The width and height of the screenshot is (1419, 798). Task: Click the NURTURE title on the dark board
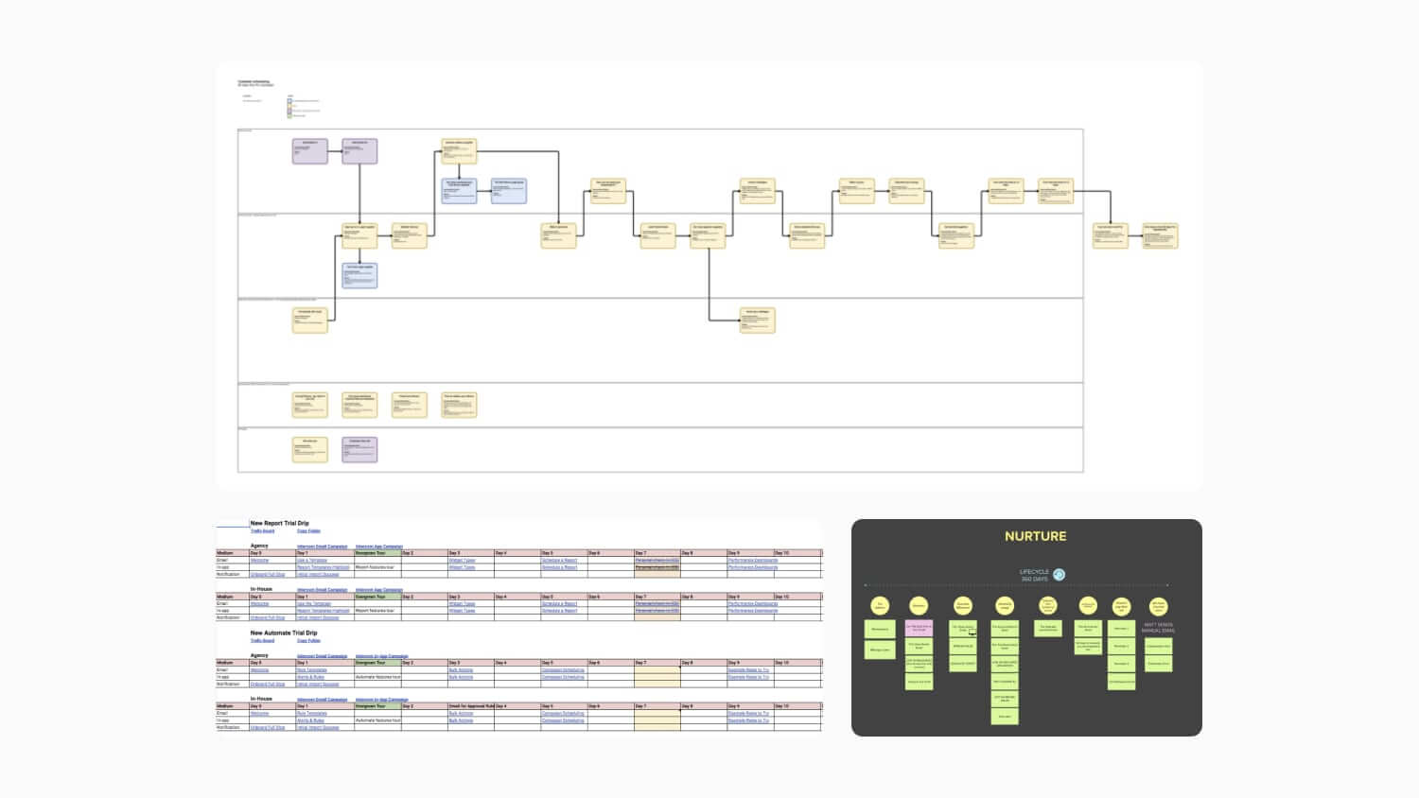1035,536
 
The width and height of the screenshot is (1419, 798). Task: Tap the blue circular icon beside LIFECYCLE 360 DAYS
1060,575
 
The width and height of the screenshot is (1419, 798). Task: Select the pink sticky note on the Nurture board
919,628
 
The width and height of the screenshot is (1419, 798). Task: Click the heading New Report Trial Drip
279,523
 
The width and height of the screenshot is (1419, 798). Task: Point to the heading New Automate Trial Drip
283,633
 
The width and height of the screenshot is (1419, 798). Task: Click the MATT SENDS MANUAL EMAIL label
1157,627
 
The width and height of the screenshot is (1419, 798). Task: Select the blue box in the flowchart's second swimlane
359,275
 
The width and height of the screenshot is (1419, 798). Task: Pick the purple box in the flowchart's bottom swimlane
359,449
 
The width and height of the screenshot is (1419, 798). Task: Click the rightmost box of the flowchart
1160,234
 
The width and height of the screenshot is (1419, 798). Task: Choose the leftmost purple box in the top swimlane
309,150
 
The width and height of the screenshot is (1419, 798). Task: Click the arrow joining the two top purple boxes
335,151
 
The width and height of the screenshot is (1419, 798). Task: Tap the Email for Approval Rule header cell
470,706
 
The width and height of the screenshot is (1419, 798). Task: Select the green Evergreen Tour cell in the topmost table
377,553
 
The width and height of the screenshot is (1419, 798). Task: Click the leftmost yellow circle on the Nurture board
880,606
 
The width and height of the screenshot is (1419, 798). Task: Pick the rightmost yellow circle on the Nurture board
1158,606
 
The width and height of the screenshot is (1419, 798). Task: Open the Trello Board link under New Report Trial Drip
262,531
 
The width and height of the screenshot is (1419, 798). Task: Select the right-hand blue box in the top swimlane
509,190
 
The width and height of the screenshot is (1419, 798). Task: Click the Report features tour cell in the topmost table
375,567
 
